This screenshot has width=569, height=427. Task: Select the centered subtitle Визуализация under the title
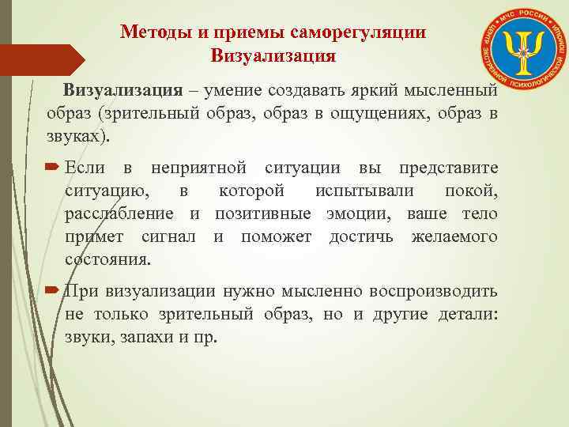coord(273,56)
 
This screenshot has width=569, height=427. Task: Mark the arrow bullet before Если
coord(53,168)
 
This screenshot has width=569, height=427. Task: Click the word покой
coord(471,191)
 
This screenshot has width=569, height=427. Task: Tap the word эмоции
coord(363,214)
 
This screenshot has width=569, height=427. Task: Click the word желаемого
coord(454,237)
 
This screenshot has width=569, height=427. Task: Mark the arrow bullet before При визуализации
coord(53,291)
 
